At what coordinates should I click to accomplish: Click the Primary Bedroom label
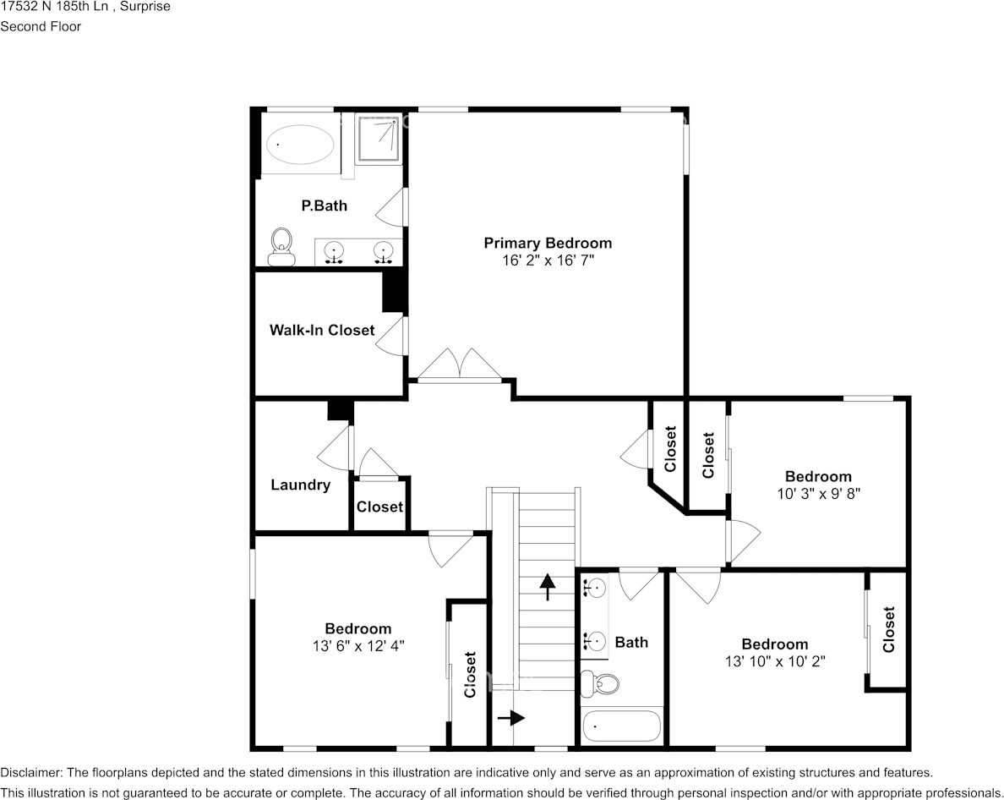click(547, 244)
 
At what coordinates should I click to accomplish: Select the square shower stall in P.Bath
click(378, 139)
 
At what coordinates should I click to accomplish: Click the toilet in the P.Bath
click(281, 245)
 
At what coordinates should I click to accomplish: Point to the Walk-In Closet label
click(321, 330)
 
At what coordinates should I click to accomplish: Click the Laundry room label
click(300, 485)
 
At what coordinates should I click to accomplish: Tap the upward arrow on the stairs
click(547, 585)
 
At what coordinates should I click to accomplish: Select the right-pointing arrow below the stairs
click(511, 718)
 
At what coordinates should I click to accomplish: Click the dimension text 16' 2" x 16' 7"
click(547, 261)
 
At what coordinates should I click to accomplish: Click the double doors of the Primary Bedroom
click(460, 365)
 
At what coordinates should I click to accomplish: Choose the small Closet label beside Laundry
click(379, 507)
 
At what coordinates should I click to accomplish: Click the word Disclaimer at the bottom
click(30, 773)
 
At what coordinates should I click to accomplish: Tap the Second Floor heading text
click(41, 26)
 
